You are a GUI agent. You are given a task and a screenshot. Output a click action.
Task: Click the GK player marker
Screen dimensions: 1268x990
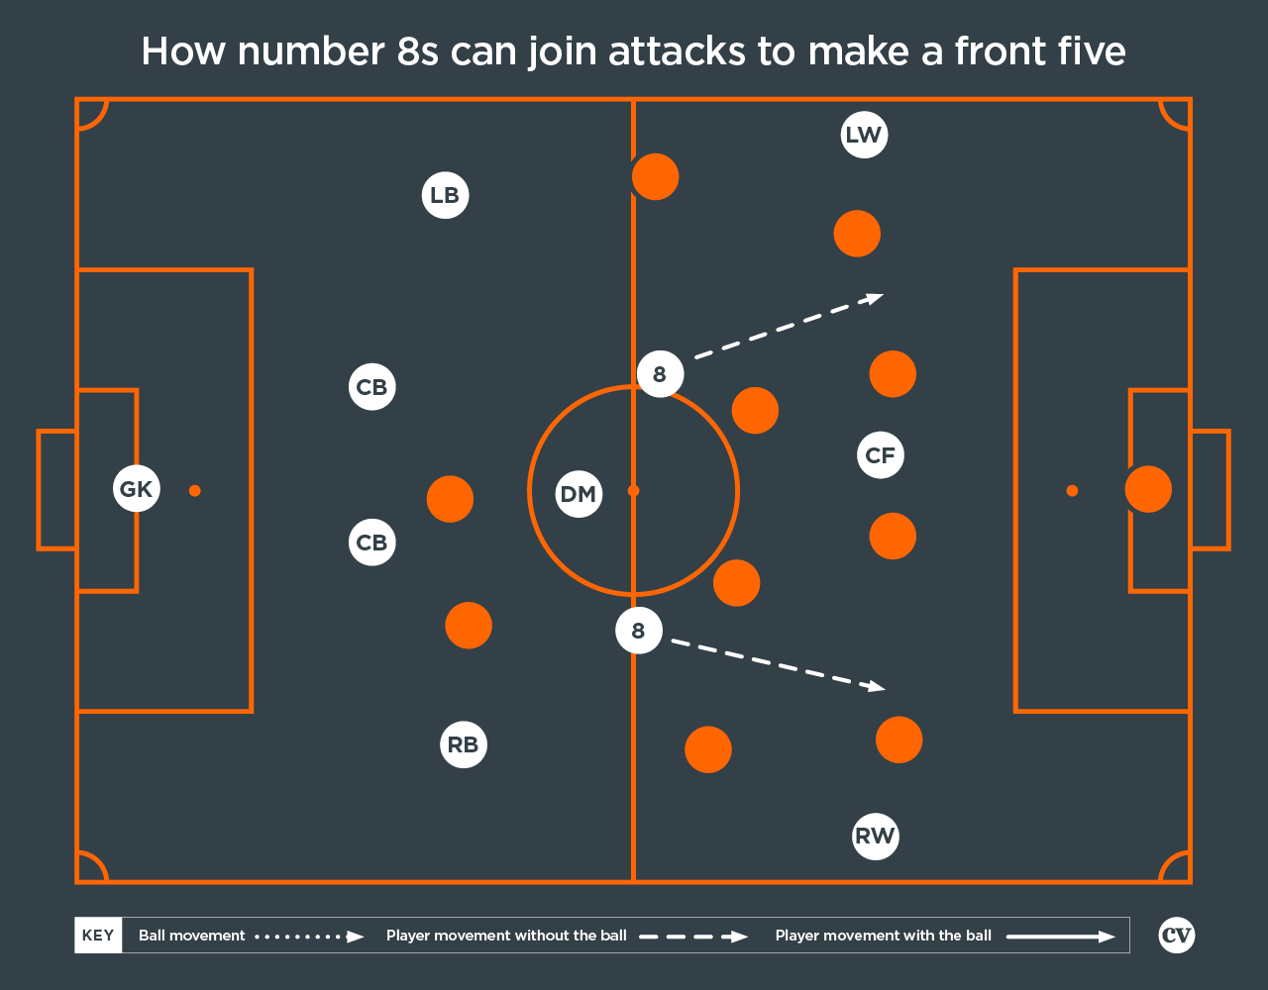(136, 489)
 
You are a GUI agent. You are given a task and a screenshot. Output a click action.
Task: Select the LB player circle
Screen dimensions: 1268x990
(445, 195)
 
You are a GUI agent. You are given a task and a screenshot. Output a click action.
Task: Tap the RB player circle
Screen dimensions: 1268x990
(464, 744)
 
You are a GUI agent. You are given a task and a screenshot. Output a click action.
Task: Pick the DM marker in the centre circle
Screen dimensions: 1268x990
(579, 494)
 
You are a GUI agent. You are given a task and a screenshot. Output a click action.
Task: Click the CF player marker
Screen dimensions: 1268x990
(881, 454)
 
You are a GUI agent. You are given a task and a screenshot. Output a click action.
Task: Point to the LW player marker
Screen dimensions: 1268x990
(864, 135)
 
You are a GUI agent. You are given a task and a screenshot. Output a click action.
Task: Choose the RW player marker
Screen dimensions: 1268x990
(876, 837)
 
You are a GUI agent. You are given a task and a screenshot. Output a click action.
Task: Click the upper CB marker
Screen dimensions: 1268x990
(371, 386)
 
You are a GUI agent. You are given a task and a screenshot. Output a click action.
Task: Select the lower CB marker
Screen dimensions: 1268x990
(371, 543)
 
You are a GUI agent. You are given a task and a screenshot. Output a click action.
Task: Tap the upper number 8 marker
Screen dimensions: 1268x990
(660, 374)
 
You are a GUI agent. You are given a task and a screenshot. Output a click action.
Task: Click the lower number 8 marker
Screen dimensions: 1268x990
(638, 631)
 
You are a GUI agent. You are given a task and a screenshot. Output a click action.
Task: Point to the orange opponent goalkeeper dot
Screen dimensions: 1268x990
(1148, 489)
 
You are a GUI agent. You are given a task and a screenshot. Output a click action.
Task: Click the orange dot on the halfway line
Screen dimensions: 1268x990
(656, 176)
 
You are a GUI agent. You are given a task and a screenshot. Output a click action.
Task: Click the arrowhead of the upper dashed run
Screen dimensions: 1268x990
(875, 298)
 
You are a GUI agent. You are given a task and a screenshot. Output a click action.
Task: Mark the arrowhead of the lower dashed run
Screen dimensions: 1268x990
(877, 686)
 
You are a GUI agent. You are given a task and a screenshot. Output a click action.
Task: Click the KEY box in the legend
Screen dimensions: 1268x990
(98, 936)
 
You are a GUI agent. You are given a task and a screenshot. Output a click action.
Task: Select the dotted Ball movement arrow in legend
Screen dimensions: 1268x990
(309, 937)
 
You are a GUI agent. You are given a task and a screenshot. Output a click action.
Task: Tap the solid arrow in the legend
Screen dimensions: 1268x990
(1061, 937)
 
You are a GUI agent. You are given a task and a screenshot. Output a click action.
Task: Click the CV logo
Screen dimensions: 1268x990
(1177, 936)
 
